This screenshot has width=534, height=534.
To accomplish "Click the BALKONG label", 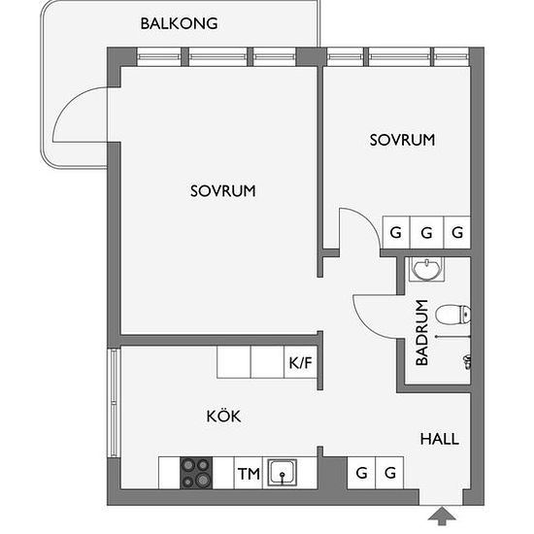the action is [x=180, y=23].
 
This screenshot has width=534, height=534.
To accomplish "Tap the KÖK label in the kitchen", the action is [x=223, y=416].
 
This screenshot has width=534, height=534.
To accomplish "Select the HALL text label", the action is [x=440, y=439].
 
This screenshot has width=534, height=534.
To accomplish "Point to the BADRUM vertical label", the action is [x=422, y=333].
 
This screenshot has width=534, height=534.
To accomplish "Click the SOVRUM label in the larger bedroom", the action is [x=223, y=191].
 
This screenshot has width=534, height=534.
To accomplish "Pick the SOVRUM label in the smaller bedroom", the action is [x=403, y=140].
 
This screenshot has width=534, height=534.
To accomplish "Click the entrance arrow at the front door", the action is [x=442, y=516].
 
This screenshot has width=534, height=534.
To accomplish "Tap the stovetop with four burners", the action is [x=196, y=473].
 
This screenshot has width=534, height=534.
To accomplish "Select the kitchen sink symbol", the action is [x=282, y=473].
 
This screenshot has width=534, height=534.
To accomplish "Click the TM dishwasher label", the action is [x=249, y=474].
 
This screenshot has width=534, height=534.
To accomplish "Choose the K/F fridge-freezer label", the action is [x=300, y=363].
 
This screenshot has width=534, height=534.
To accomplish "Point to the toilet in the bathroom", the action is [x=453, y=315].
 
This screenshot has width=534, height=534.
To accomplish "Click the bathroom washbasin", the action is [x=427, y=269].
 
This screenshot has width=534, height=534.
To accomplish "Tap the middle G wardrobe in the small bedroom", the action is [x=427, y=233].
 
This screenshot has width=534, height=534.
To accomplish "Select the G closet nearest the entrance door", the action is [x=389, y=473].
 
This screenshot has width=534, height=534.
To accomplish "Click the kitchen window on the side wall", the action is [x=114, y=403].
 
